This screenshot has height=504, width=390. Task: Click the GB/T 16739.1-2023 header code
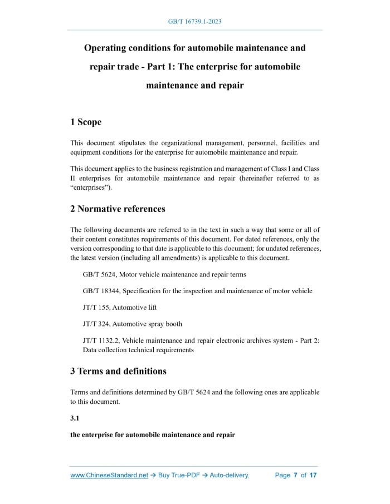click(195, 22)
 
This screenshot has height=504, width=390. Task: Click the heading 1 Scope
click(86, 122)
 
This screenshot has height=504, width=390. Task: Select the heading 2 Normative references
click(118, 209)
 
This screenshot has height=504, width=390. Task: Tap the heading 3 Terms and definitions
click(118, 370)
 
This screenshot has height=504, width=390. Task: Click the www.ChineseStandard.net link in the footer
click(109, 475)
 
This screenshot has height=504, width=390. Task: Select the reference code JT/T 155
click(96, 307)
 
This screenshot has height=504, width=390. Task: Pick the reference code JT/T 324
click(96, 324)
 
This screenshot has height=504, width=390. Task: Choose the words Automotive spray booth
click(148, 324)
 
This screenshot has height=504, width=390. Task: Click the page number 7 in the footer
click(295, 475)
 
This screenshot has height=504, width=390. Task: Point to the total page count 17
click(313, 475)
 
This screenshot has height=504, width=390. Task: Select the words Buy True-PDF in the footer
click(179, 475)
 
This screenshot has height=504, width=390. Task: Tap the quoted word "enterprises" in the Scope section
click(91, 187)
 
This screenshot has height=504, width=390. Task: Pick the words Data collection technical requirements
click(138, 350)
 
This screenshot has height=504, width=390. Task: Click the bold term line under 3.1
click(153, 434)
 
